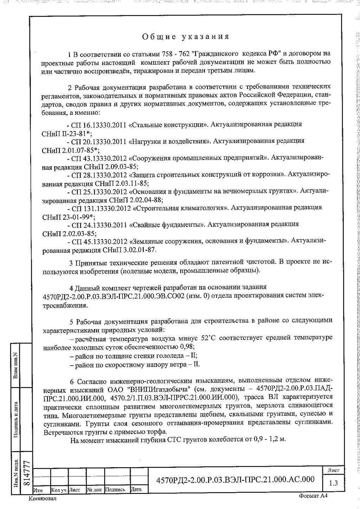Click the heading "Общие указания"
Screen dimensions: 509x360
(186, 37)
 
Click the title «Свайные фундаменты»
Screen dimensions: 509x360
(167, 224)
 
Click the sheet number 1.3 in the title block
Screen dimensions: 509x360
(333, 483)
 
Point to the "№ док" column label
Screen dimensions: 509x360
(94, 489)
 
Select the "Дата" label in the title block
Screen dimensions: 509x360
(136, 489)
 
